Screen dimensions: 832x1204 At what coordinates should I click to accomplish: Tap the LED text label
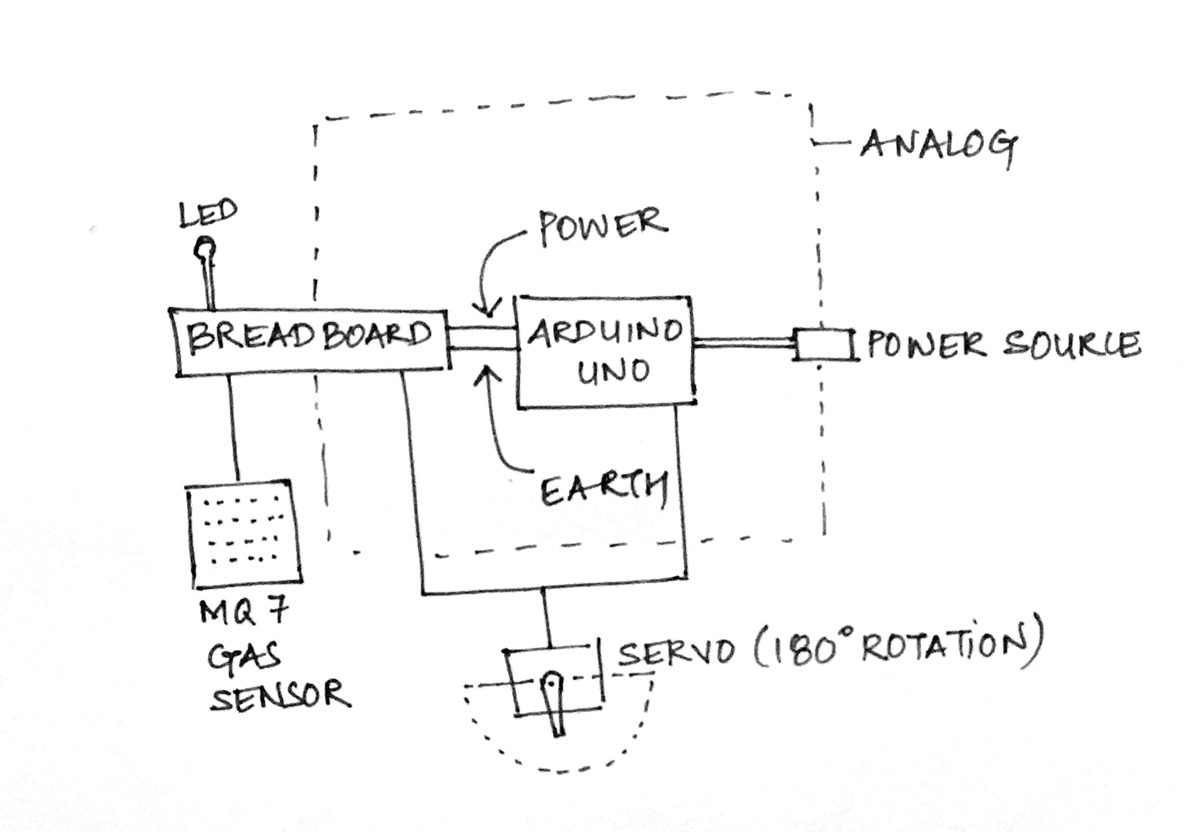click(208, 214)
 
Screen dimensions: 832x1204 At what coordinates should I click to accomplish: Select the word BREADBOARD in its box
click(309, 336)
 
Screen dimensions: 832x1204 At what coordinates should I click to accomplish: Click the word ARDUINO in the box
click(604, 332)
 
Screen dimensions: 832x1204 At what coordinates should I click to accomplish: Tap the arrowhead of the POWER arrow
click(489, 309)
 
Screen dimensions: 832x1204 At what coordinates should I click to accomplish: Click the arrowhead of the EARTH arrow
click(488, 373)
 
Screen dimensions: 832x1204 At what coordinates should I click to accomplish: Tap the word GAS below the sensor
click(243, 658)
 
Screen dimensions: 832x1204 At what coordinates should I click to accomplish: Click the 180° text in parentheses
click(808, 647)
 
